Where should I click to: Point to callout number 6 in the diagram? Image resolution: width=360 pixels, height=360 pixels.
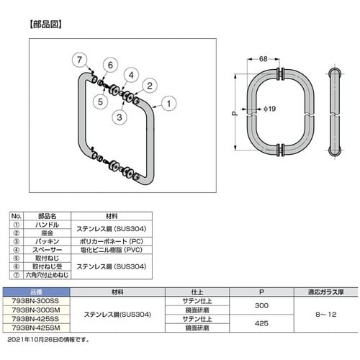(x=111, y=66)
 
